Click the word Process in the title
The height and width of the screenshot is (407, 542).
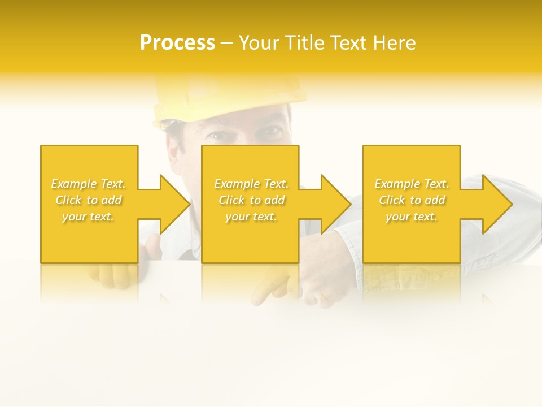point(177,43)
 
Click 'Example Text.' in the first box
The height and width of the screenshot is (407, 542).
point(89,184)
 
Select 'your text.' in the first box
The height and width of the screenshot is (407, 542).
point(89,217)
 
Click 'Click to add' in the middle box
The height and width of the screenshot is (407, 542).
point(251,200)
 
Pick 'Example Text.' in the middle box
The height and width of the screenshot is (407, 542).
point(251,184)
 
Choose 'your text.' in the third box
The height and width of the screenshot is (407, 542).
point(412,217)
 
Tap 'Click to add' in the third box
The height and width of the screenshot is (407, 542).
point(412,200)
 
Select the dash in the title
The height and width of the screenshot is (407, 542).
point(227,44)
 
